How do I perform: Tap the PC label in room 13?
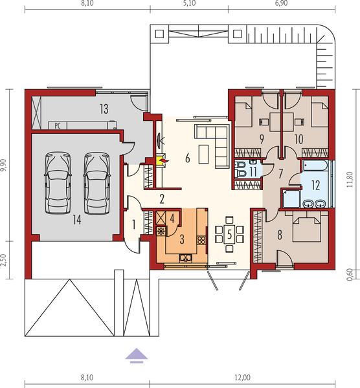58,125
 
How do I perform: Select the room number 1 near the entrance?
133,225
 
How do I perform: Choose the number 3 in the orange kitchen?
183,238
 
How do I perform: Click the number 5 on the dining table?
230,233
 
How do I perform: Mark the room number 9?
262,138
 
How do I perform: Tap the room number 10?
299,138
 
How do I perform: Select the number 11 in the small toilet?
253,171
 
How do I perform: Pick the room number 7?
281,173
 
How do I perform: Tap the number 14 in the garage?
76,220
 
